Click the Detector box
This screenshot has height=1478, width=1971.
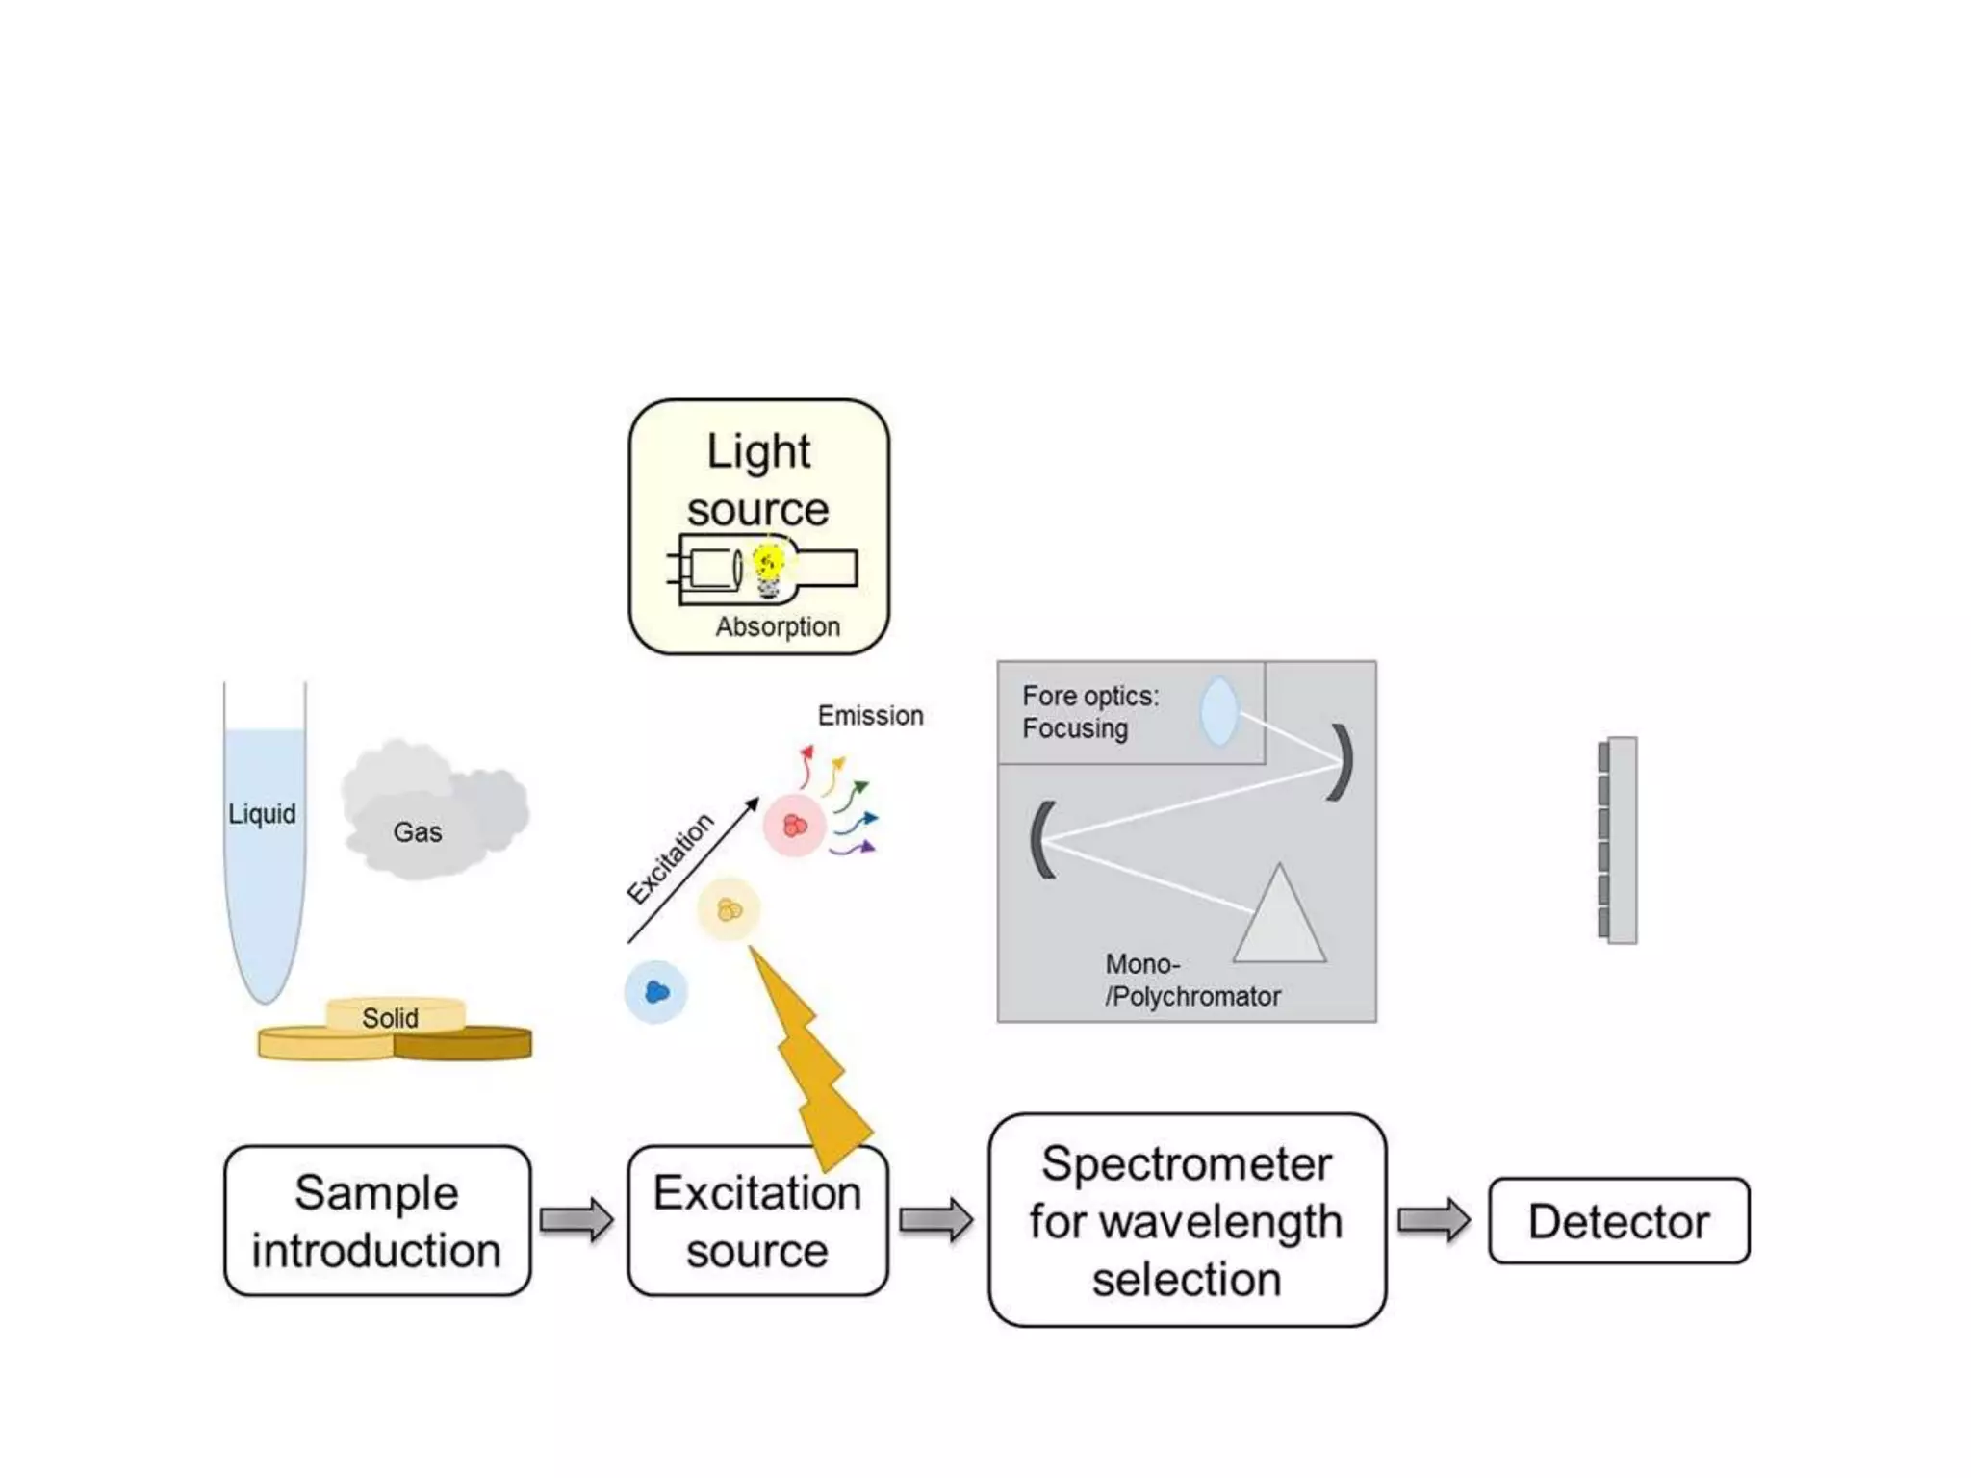1619,1221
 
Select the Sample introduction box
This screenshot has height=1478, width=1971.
377,1221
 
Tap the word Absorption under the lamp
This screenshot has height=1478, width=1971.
778,626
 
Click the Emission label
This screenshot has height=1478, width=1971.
870,716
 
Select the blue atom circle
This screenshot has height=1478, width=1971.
656,992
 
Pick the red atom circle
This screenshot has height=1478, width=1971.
795,826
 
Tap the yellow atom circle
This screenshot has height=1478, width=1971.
730,909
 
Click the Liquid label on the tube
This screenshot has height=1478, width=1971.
262,814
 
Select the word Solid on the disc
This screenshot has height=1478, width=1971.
390,1018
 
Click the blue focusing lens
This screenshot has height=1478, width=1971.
1218,711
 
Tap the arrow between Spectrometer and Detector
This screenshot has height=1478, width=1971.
1433,1221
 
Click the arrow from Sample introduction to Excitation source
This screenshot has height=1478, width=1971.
576,1221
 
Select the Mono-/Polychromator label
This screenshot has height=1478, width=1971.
1191,981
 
